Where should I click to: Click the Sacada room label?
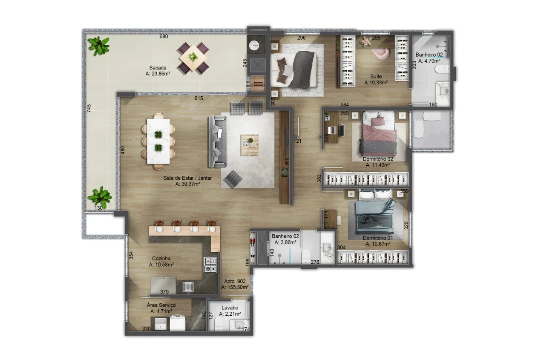click(158, 68)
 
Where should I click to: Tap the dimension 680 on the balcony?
click(164, 37)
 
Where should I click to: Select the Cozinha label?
click(161, 259)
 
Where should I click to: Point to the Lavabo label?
click(230, 308)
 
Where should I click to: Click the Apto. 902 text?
click(235, 281)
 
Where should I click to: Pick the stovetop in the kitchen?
click(210, 265)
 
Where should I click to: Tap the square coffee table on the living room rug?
click(250, 145)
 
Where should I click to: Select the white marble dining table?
click(158, 141)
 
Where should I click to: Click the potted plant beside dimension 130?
click(100, 197)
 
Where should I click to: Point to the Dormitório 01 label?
click(378, 238)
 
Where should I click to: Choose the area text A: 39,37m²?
click(187, 184)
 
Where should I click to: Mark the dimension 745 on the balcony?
click(89, 108)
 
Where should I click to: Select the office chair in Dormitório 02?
click(342, 130)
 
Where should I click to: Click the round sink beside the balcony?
click(254, 46)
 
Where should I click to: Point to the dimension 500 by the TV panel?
click(287, 161)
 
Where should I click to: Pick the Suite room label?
click(376, 76)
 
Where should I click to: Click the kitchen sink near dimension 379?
click(188, 287)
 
